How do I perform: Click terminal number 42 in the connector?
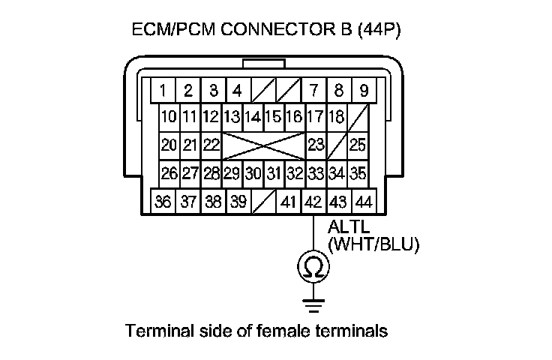(313, 202)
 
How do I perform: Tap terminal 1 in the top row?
(163, 91)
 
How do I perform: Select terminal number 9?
(364, 91)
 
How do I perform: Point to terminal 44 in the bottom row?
(364, 202)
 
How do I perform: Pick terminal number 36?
(163, 202)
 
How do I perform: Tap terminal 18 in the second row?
(337, 117)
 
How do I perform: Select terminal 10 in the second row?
(169, 117)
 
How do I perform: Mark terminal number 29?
(232, 174)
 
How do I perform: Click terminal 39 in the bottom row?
(238, 202)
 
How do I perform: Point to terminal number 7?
(313, 91)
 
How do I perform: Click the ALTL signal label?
(346, 227)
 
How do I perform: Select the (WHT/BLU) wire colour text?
(373, 244)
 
